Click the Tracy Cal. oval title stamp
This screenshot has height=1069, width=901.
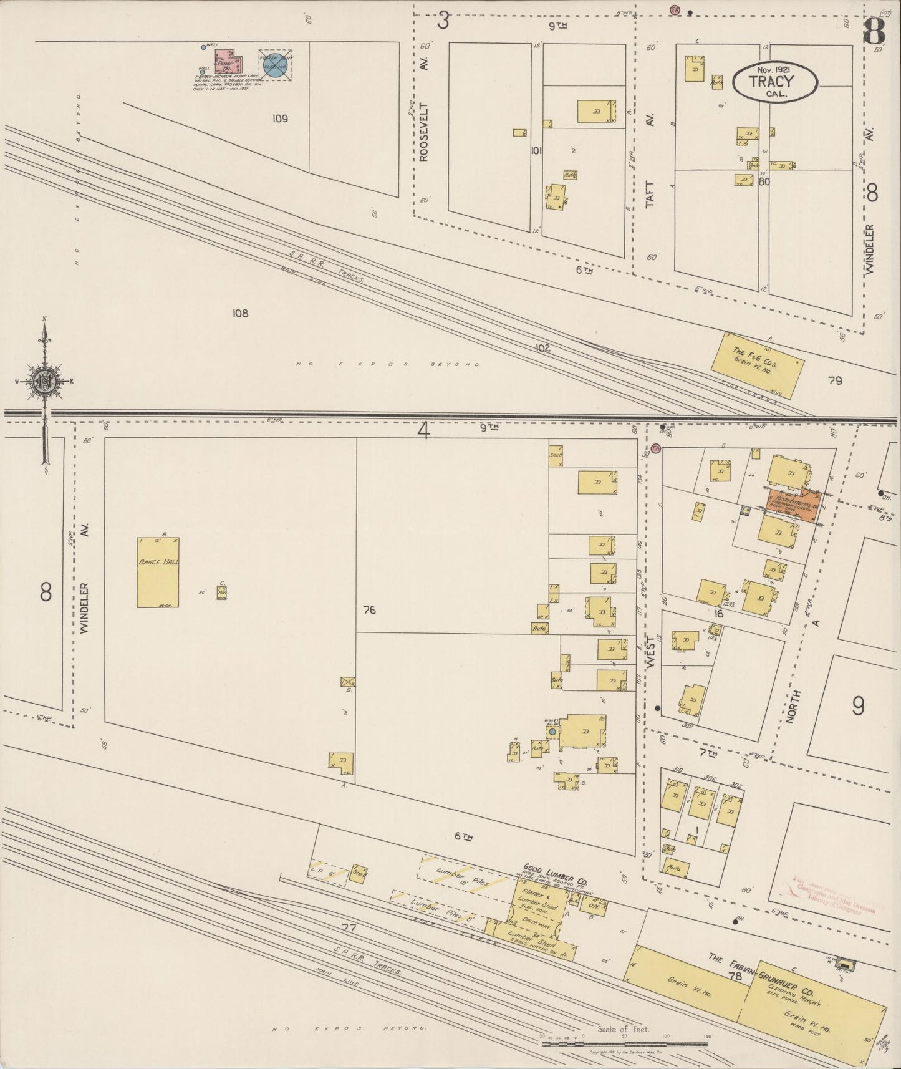[x=775, y=81]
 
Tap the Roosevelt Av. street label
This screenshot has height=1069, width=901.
[x=424, y=132]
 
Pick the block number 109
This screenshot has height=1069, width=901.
[x=280, y=118]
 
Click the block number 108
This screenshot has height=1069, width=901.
[x=240, y=313]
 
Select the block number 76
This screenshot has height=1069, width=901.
[x=369, y=610]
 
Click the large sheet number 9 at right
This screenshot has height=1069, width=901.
[x=858, y=705]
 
